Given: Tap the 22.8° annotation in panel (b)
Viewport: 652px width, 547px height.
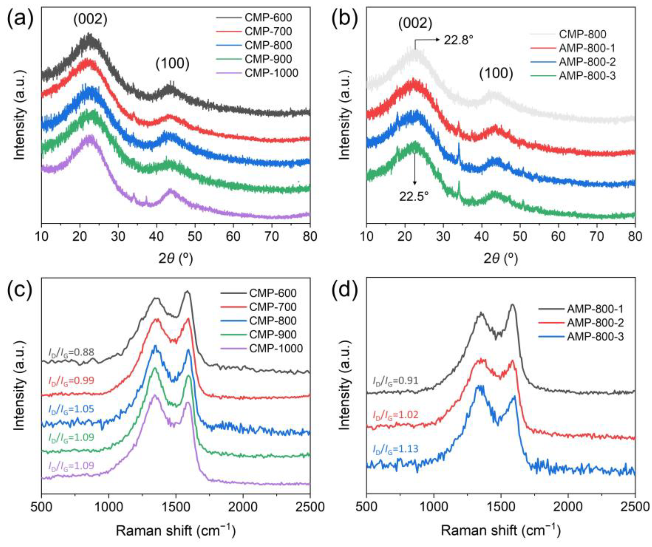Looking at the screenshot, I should [x=458, y=40].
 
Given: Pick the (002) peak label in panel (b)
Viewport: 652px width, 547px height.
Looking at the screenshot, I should [x=415, y=24].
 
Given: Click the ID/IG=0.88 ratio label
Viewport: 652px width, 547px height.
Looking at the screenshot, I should [x=71, y=352].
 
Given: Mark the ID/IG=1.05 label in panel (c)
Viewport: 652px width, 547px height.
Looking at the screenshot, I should [x=71, y=409].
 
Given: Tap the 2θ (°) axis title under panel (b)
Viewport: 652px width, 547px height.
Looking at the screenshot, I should [x=501, y=258].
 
